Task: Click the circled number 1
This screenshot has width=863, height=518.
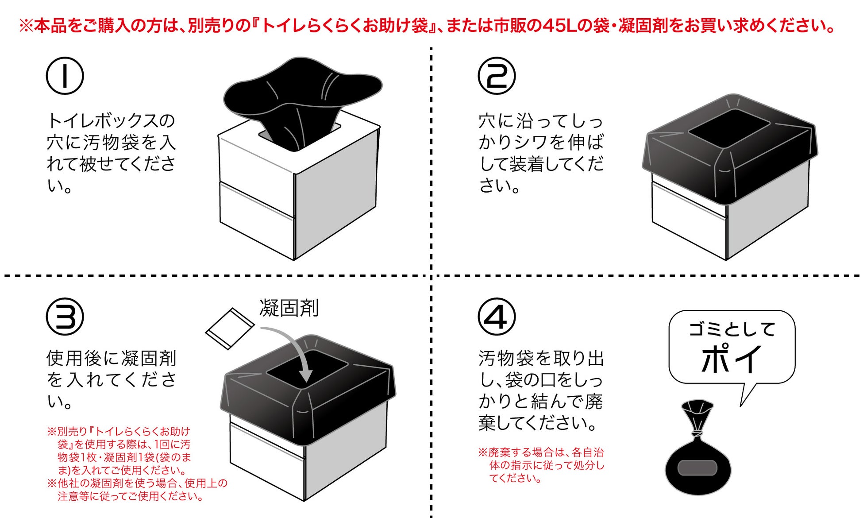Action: click(x=65, y=76)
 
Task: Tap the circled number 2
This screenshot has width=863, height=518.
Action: click(x=497, y=76)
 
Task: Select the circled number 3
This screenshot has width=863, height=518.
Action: click(x=65, y=317)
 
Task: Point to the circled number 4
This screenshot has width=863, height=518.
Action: click(x=497, y=317)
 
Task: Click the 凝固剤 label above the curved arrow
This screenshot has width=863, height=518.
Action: click(x=289, y=308)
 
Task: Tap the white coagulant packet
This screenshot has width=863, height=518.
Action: click(x=230, y=329)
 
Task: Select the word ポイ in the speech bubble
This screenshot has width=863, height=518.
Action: click(x=731, y=359)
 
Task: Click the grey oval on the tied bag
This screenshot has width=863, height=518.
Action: click(x=697, y=468)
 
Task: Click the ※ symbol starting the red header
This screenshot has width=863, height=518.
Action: click(x=26, y=26)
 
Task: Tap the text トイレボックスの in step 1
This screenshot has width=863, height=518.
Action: click(x=111, y=120)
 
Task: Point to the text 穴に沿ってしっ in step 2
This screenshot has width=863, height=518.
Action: click(x=541, y=120)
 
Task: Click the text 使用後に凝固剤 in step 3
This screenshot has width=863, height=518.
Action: click(x=111, y=358)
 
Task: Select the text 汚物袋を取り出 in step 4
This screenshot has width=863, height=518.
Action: click(x=541, y=358)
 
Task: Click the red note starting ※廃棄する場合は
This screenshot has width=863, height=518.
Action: click(x=541, y=465)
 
